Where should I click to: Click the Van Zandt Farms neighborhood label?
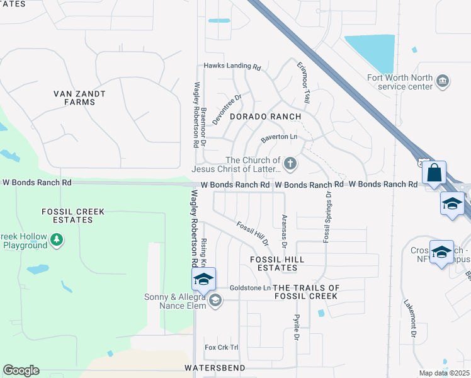79,98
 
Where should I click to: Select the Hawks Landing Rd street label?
232,66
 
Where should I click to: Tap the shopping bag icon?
434,171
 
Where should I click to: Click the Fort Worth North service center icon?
443,81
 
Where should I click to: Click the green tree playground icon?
57,239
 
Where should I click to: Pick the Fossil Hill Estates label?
277,264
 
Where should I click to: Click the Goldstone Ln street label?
250,288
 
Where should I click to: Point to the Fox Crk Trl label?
222,347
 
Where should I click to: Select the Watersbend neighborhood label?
214,367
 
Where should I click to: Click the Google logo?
21,370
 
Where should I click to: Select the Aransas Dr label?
284,231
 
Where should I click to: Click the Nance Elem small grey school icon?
215,300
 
